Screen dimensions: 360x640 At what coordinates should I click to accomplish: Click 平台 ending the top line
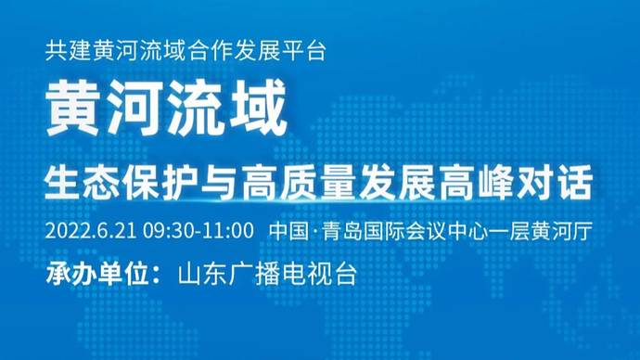[306, 51]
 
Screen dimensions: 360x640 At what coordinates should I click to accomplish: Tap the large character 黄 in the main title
[75, 113]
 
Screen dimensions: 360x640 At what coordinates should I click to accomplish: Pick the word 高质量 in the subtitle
[321, 184]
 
